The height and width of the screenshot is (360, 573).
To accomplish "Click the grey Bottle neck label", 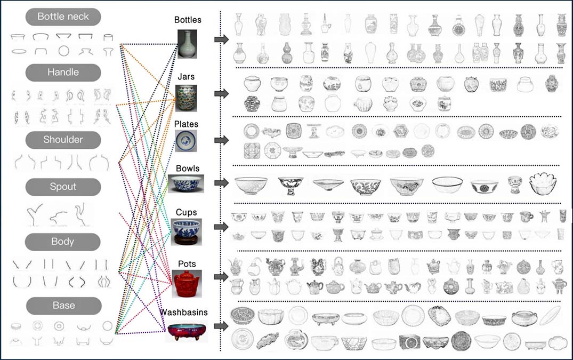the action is (x=63, y=17).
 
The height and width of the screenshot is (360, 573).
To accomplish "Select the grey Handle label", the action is (x=63, y=73).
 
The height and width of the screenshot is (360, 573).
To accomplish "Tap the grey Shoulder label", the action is (x=63, y=140).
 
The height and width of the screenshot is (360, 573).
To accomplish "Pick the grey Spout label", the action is (x=63, y=187).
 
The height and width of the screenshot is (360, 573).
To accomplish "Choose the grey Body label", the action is (x=62, y=242).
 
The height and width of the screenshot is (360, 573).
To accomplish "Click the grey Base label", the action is (x=64, y=306).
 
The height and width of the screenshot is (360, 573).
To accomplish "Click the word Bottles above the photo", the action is (x=188, y=20).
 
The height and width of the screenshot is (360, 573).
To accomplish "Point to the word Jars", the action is (x=186, y=77).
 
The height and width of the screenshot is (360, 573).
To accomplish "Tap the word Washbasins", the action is (x=184, y=312).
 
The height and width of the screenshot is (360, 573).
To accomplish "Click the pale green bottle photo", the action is (x=187, y=44).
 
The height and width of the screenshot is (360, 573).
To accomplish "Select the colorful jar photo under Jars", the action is (x=186, y=98).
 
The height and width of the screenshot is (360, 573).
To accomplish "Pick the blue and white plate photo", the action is (x=186, y=141).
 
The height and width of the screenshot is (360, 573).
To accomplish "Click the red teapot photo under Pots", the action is (x=186, y=284).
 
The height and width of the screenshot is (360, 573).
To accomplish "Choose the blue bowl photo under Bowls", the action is (x=186, y=183).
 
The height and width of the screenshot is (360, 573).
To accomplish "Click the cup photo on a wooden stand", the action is (x=186, y=232).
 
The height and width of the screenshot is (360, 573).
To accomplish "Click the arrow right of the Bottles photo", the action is (x=221, y=39).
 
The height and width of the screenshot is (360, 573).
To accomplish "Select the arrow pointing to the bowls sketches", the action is (x=221, y=183).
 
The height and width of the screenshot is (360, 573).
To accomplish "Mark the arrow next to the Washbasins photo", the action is (x=221, y=326).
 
